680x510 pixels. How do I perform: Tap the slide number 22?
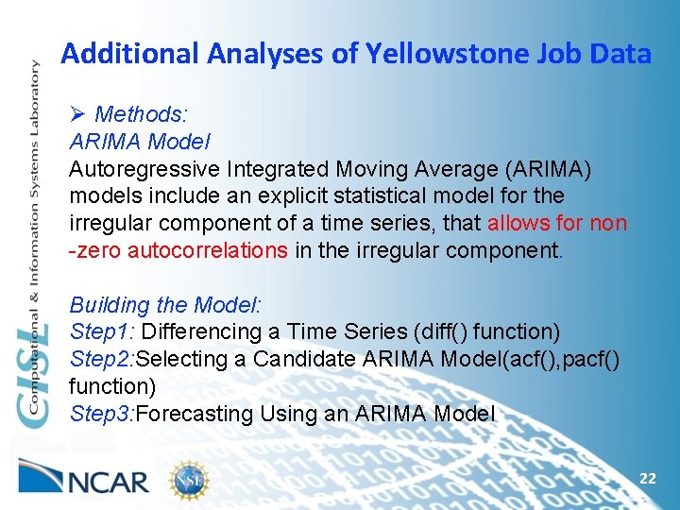pyautogui.click(x=647, y=479)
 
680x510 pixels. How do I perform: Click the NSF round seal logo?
pyautogui.click(x=189, y=481)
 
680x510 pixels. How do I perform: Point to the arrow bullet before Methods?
pyautogui.click(x=78, y=115)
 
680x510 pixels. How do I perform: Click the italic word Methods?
pyautogui.click(x=142, y=115)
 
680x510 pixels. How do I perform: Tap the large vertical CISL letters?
pyautogui.click(x=35, y=378)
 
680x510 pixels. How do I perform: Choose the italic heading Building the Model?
pyautogui.click(x=165, y=305)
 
